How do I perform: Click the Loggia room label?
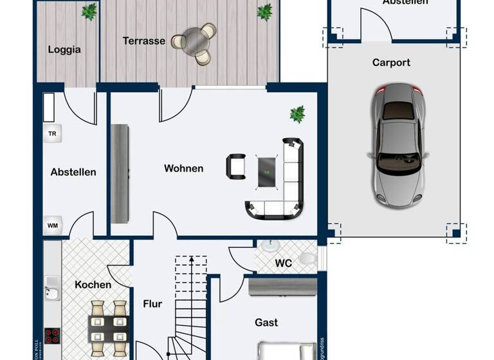[64, 50]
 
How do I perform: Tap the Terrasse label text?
[144, 41]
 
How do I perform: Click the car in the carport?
[398, 144]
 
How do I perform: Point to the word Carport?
[391, 63]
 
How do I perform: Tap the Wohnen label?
[183, 168]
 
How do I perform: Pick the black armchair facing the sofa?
[236, 167]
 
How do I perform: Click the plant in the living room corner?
[297, 114]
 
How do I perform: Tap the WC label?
[284, 264]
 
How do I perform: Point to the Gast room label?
[266, 322]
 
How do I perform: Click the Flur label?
[152, 304]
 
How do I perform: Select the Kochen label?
[93, 285]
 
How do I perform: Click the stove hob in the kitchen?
[52, 336]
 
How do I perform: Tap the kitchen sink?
[51, 292]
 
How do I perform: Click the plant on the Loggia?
[89, 11]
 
